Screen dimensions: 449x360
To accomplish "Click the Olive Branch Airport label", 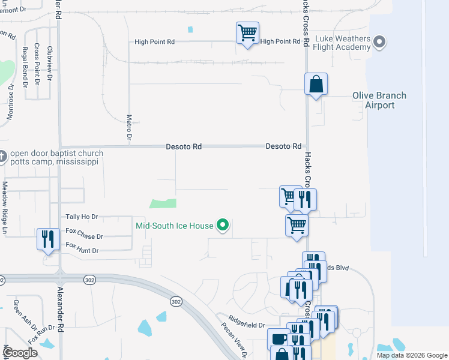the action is point(379,100).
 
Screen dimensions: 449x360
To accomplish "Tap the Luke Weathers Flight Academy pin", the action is point(379,42).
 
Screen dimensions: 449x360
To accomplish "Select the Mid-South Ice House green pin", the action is point(223,226).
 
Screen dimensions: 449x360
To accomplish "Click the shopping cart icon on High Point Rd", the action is point(247,33).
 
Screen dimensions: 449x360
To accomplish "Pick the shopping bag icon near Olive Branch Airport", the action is point(316,85).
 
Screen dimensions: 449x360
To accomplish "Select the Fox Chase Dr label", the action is point(84,233).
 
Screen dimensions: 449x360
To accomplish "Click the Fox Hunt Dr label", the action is point(82,248).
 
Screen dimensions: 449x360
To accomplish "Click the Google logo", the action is point(20,353).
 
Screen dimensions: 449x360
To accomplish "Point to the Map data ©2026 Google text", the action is point(412,355).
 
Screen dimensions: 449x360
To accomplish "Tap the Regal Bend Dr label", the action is point(25,67).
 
